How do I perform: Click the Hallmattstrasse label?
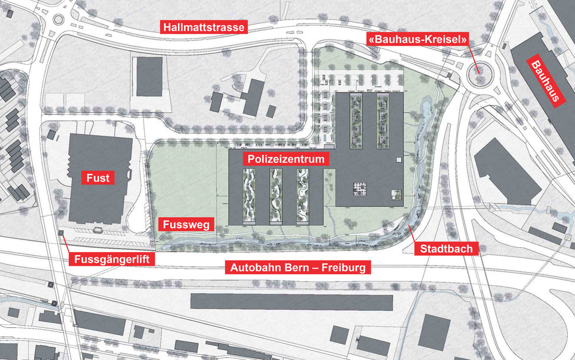pos(203,27)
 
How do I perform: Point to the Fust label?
pos(98,177)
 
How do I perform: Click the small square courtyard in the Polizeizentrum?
pos(359,189)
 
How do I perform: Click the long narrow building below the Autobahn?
pos(291,301)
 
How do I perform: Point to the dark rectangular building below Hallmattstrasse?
pos(149,77)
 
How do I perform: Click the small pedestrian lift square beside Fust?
pos(62,232)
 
